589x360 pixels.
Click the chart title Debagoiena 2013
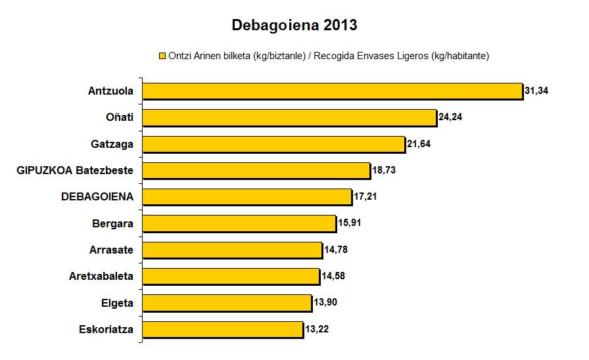click(x=294, y=26)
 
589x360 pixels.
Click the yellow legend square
click(x=161, y=56)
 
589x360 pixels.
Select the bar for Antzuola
click(x=332, y=91)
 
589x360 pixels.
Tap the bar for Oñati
click(x=289, y=118)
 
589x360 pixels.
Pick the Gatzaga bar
click(x=273, y=144)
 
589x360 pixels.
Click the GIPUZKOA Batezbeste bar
click(x=256, y=171)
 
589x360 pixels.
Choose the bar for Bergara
click(x=239, y=223)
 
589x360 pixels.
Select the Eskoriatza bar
click(x=223, y=329)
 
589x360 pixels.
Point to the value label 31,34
click(x=536, y=91)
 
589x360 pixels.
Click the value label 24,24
click(x=452, y=118)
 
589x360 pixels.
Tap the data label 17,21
click(x=367, y=196)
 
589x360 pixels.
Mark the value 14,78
click(x=337, y=250)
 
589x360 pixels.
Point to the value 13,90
click(x=326, y=302)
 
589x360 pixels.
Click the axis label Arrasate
click(x=111, y=250)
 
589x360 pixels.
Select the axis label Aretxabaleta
click(x=101, y=276)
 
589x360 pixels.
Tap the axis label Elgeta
click(x=117, y=303)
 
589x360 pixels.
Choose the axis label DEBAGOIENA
click(x=97, y=196)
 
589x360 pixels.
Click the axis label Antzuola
click(x=110, y=91)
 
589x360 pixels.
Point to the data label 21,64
click(x=420, y=144)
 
